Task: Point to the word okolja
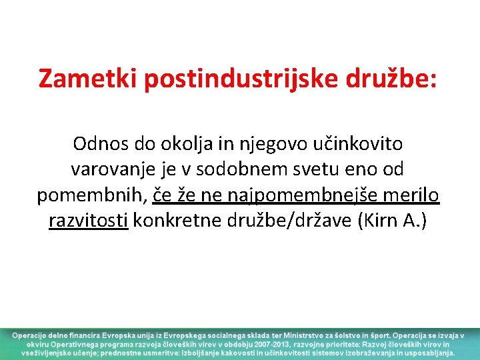[x=177, y=143]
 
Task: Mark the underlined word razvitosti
[x=89, y=221]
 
